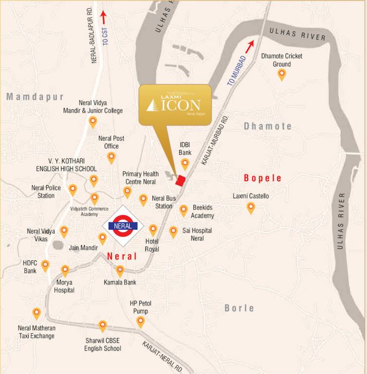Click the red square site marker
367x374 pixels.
click(181, 181)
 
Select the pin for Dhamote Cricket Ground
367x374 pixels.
click(281, 75)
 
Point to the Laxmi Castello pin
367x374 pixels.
click(251, 208)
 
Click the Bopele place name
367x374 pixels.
click(263, 178)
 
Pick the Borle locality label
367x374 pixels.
click(239, 308)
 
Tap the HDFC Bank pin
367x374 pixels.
click(45, 265)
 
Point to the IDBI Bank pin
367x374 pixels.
click(185, 164)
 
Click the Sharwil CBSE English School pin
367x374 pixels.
click(103, 326)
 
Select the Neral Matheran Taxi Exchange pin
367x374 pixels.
click(37, 314)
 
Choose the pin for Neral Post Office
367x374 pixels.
click(111, 157)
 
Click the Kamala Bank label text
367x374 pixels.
click(120, 282)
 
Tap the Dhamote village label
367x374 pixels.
click(268, 127)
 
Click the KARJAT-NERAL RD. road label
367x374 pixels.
click(163, 357)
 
